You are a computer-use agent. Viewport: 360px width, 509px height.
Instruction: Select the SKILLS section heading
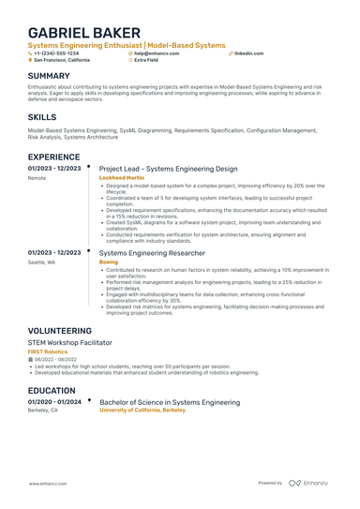point(42,117)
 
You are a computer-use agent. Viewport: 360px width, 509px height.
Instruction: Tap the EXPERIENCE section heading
point(53,157)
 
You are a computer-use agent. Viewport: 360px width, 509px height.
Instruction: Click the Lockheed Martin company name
point(122,177)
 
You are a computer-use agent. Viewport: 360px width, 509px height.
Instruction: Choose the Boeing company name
point(109,262)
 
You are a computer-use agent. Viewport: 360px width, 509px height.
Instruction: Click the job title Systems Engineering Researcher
point(152,253)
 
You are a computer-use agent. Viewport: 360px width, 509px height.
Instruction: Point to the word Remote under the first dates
point(37,177)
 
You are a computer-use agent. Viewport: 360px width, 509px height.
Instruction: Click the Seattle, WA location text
point(41,262)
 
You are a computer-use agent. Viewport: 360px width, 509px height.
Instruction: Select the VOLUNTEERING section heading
point(59,331)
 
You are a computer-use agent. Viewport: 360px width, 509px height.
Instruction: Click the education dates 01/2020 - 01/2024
point(54,401)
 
